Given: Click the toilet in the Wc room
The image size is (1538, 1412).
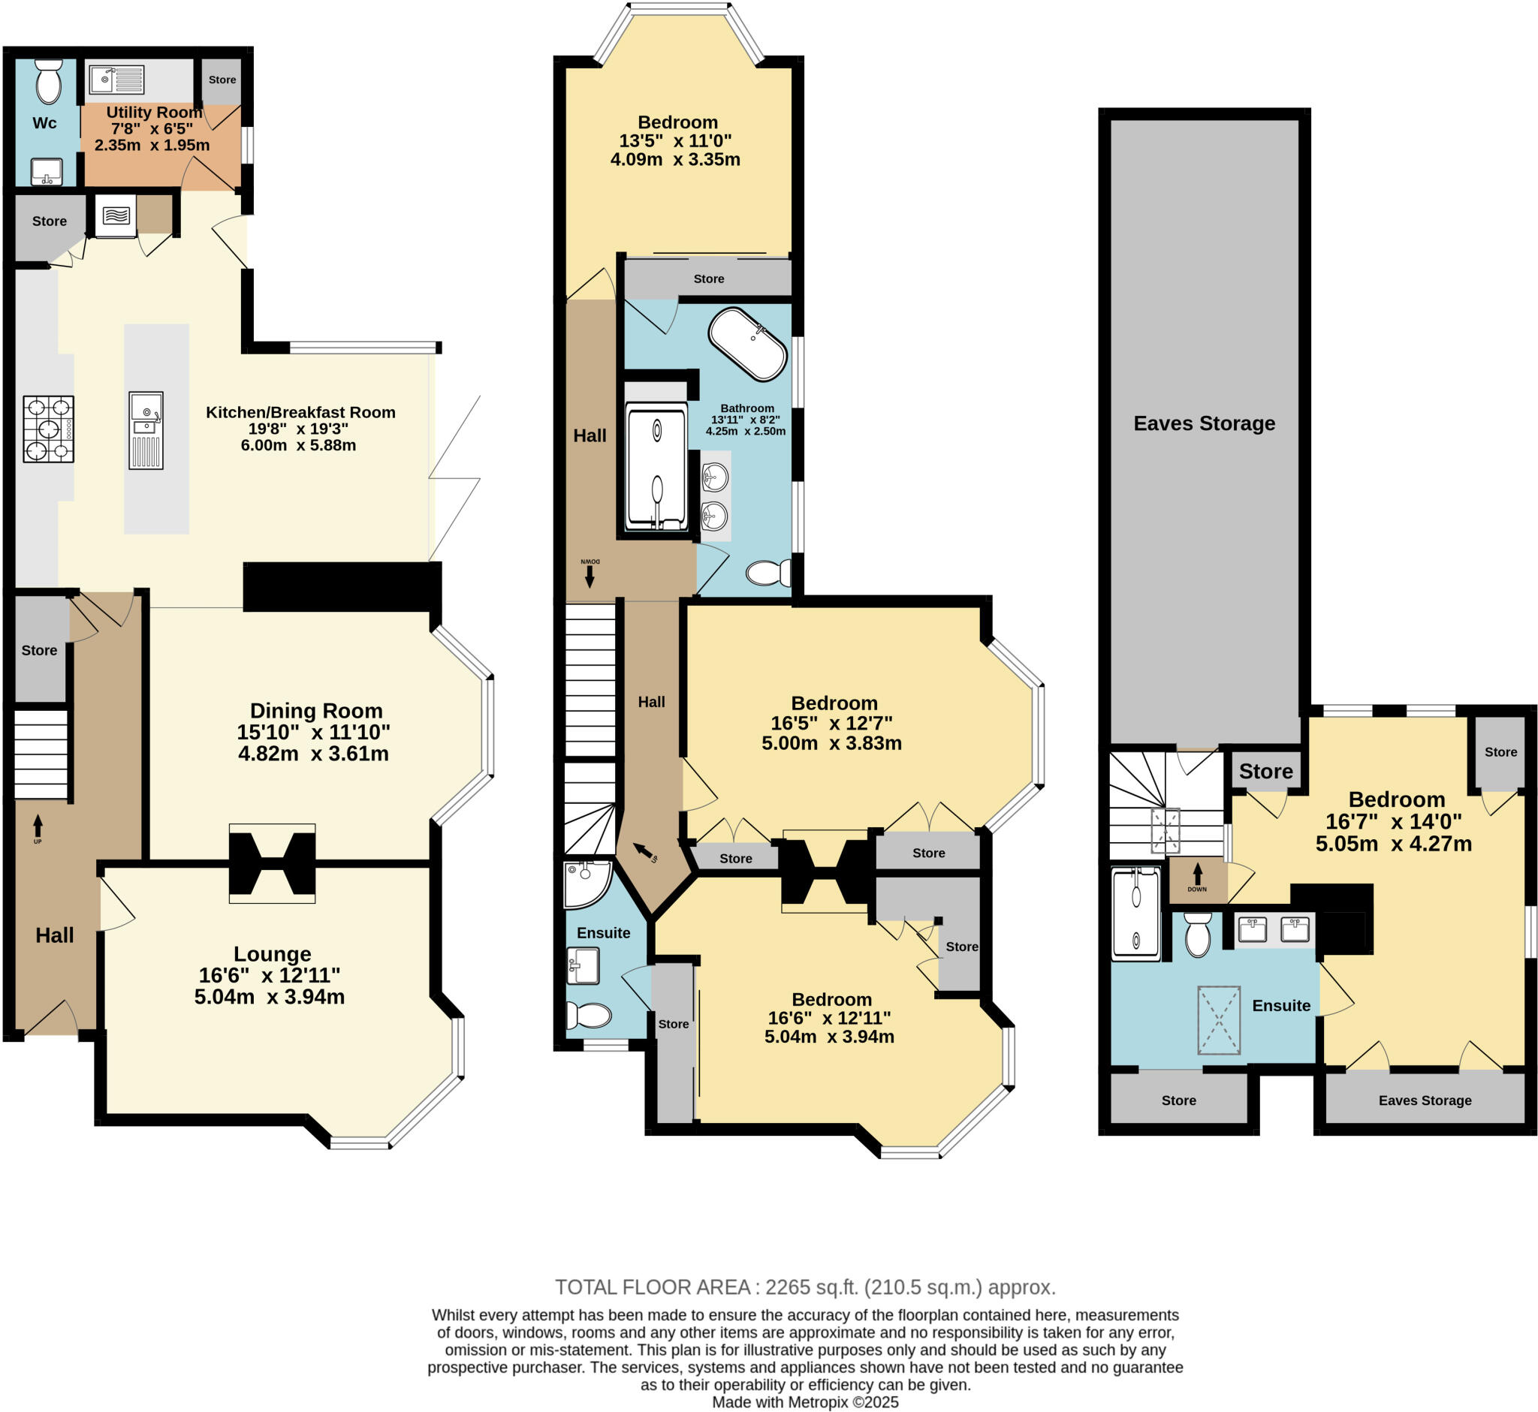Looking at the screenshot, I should [x=49, y=83].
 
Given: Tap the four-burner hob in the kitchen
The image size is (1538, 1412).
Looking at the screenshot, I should [x=48, y=429].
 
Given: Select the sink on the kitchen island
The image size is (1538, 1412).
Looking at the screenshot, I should [x=145, y=417].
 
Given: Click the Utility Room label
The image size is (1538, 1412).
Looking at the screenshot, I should [x=154, y=113].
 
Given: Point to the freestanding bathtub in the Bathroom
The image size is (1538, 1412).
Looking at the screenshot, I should [x=746, y=344].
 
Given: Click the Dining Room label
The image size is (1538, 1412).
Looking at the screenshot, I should [x=315, y=711].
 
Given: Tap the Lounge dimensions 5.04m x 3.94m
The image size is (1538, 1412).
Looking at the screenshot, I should [x=269, y=996].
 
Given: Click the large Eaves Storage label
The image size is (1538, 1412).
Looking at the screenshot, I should [x=1204, y=423].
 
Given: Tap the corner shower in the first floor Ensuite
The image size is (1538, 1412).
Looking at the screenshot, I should [x=586, y=884].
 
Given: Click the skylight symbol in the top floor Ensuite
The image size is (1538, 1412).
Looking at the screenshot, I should [x=1219, y=1020].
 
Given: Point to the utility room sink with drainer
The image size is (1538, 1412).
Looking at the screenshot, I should [x=116, y=80].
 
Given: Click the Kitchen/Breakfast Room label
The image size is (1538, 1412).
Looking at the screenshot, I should [x=300, y=413].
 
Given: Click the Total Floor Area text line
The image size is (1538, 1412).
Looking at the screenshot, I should [x=805, y=1287].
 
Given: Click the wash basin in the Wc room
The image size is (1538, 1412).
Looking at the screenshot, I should [x=47, y=171].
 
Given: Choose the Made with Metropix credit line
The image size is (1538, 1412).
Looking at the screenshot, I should [x=805, y=1402].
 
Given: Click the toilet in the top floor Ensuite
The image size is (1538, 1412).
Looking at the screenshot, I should [x=1197, y=934].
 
